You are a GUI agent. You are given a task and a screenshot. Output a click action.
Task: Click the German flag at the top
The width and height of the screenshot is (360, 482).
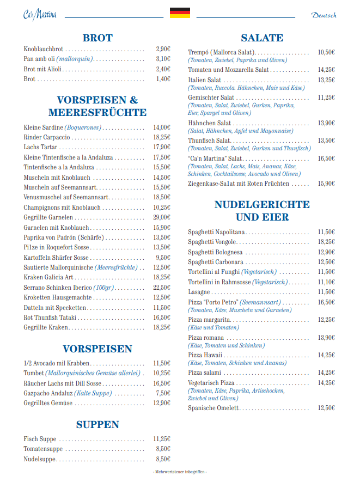(180, 13)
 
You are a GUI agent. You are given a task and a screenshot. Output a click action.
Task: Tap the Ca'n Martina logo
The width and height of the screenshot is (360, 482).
(40, 14)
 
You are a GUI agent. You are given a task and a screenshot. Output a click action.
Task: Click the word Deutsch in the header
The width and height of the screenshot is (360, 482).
(324, 15)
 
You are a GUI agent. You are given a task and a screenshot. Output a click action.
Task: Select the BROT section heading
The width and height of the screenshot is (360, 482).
(97, 38)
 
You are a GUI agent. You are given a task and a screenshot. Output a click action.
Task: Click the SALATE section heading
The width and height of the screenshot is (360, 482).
(262, 38)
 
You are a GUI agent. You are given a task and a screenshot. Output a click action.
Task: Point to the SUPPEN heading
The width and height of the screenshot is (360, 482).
(97, 425)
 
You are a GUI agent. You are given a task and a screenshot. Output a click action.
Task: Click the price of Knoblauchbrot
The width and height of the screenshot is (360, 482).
(163, 49)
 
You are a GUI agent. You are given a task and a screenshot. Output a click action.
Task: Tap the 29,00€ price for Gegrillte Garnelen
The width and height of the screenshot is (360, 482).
(162, 217)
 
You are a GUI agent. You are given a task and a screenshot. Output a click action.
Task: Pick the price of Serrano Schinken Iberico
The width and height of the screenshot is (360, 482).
(162, 288)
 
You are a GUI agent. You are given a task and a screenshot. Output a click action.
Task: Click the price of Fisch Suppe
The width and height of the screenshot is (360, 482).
(162, 439)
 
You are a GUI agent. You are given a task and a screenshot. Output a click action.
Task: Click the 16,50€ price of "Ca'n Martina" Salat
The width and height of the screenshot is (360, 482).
(326, 158)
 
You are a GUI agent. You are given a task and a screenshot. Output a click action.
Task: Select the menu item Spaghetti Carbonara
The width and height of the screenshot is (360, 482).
(216, 262)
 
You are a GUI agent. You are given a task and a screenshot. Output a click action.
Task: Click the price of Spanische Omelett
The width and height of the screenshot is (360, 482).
(326, 408)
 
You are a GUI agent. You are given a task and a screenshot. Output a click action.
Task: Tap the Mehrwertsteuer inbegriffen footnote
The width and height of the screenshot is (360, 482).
(180, 472)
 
